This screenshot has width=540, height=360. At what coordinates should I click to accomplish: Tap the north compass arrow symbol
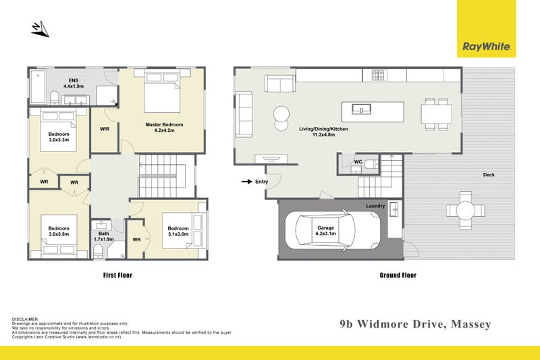click(x=40, y=29)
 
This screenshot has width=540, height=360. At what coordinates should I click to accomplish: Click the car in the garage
click(x=333, y=230)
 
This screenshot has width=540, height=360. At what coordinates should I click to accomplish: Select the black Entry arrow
click(x=246, y=182)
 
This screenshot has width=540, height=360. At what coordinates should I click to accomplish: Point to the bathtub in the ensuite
click(x=38, y=86)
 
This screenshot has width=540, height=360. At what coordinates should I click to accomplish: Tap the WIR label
click(x=105, y=129)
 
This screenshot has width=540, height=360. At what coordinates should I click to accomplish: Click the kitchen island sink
click(x=361, y=109)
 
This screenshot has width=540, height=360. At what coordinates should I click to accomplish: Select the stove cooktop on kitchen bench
click(x=379, y=75)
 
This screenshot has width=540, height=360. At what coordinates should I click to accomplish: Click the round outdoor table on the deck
click(x=466, y=211)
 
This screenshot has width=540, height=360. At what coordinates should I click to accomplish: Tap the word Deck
click(x=489, y=175)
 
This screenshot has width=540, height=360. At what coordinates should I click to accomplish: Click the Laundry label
click(x=375, y=205)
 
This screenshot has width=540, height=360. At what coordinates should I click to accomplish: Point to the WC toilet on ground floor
click(x=371, y=165)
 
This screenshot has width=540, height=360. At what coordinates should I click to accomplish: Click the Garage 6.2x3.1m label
click(x=326, y=230)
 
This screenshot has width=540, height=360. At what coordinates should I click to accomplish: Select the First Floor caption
click(x=117, y=276)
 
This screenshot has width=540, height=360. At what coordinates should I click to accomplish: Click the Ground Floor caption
click(x=398, y=276)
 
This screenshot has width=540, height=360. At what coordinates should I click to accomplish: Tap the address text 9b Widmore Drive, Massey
click(x=415, y=324)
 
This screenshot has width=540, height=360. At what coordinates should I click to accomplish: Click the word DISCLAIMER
click(x=25, y=319)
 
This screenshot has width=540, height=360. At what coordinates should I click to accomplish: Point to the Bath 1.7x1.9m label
click(x=104, y=236)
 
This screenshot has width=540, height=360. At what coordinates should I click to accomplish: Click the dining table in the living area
click(x=436, y=114)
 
